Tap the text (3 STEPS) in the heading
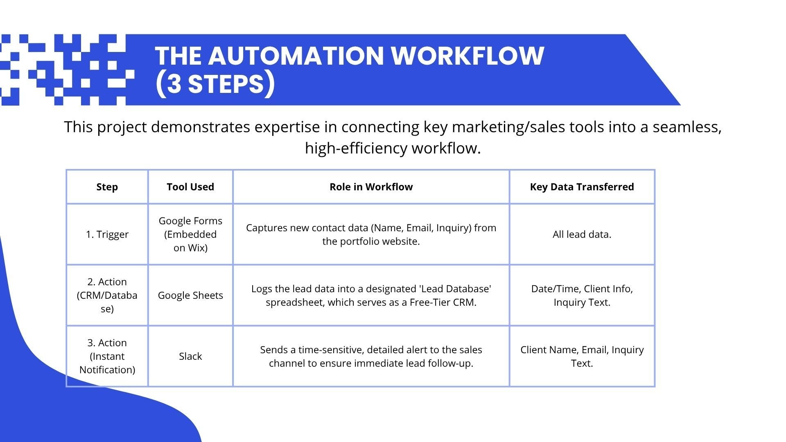point(215,84)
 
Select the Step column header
point(107,187)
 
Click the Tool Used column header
point(190,187)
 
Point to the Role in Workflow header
point(371,187)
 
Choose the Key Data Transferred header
point(582,187)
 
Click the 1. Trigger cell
point(107,235)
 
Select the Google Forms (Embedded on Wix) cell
point(190,235)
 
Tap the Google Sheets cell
point(190,295)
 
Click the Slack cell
point(190,356)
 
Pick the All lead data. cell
point(582,235)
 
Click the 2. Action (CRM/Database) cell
point(107,295)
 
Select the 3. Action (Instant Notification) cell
point(107,356)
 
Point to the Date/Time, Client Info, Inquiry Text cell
point(582,295)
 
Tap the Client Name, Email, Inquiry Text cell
point(582,356)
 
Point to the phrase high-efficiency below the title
point(356,148)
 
